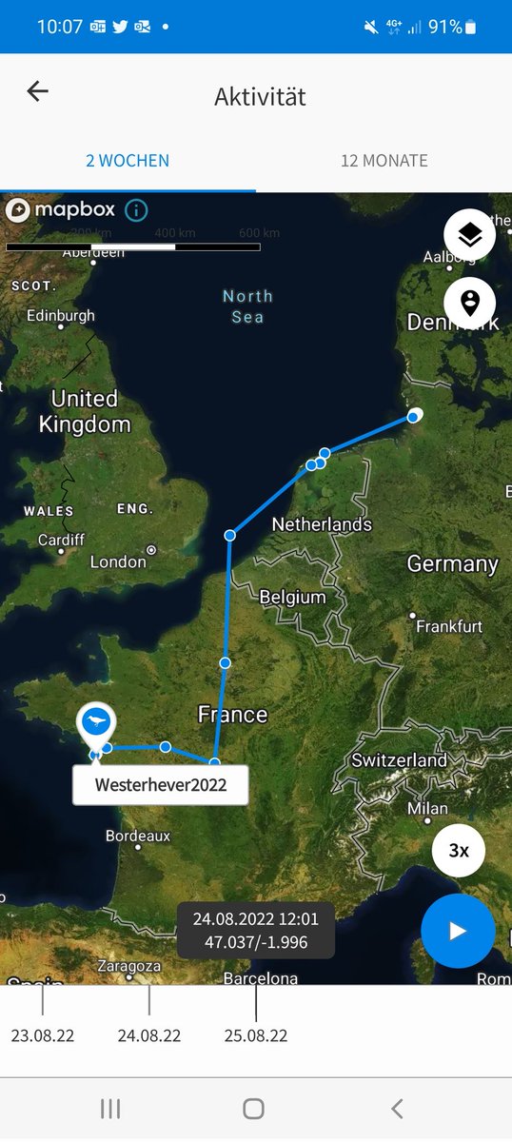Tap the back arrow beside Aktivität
37,91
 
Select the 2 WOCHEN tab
128,161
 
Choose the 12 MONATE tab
384,161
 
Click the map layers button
469,235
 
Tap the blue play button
458,931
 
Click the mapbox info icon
136,210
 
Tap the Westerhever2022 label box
160,785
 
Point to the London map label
118,561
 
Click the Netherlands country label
322,524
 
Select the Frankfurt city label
448,626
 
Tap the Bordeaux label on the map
138,836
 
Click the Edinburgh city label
61,316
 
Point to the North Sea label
247,306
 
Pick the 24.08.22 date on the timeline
149,1035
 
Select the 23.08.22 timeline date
43,1035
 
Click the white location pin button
469,304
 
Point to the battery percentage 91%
444,27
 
